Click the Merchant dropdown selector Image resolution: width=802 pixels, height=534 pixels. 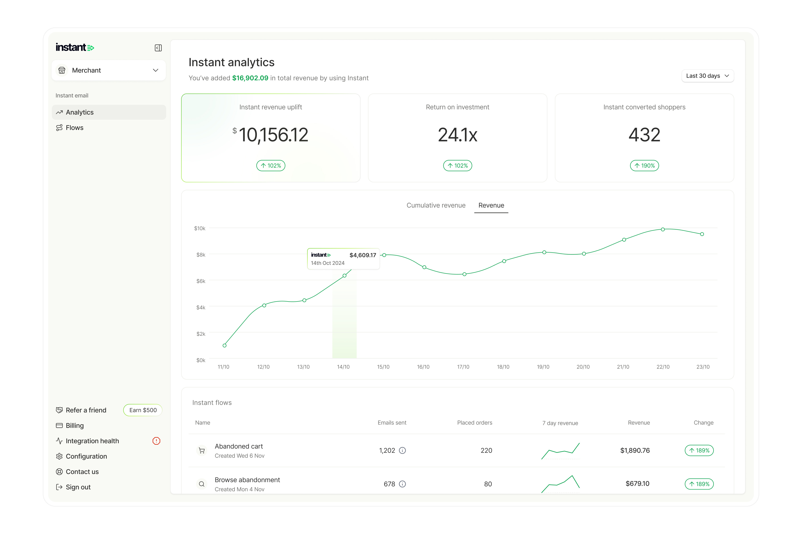108,70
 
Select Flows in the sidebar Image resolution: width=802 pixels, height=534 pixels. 74,128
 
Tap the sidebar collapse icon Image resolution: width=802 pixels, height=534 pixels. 158,48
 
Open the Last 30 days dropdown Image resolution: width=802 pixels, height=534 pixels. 707,76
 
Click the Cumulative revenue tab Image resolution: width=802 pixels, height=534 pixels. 436,205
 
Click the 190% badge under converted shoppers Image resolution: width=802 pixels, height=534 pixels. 644,166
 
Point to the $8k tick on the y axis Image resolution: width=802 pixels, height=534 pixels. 200,255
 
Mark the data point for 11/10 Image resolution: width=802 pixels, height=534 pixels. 224,345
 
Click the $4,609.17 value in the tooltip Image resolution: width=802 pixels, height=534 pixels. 362,255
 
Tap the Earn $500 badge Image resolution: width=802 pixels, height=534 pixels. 143,410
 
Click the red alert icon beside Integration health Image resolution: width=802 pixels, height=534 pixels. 156,441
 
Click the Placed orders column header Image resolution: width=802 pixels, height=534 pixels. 474,423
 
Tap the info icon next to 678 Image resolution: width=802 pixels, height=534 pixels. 402,484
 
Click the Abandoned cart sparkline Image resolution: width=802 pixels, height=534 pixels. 560,451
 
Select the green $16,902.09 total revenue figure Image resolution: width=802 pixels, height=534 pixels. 250,78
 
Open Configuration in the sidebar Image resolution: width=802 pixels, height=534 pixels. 86,456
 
